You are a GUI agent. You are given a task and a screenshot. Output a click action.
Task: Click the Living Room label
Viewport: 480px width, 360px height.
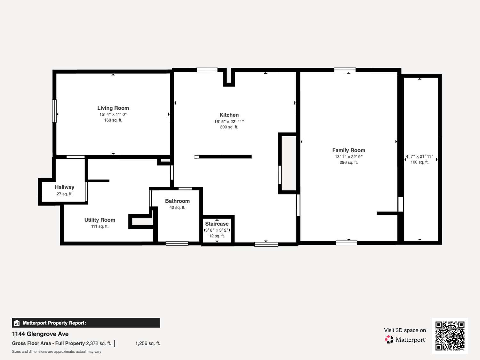113,108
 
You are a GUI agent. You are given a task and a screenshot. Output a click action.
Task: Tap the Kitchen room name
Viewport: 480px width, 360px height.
229,115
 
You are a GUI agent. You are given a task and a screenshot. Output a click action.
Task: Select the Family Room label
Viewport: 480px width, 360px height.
348,150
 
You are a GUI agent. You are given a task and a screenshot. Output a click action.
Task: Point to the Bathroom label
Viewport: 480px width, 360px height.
177,201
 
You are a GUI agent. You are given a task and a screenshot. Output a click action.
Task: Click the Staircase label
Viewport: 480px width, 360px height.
217,224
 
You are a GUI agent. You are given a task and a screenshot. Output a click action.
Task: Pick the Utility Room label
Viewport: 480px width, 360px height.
100,220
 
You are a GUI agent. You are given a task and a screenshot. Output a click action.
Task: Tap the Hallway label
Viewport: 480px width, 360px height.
65,187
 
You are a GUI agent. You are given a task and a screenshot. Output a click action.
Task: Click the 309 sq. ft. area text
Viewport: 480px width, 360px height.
229,127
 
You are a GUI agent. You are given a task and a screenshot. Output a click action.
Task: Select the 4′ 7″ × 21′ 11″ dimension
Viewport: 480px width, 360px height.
420,156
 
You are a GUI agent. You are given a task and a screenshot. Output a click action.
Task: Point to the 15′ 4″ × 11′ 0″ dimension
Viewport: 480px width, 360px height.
113,114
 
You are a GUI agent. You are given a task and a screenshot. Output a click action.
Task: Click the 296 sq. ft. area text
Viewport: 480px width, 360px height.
348,163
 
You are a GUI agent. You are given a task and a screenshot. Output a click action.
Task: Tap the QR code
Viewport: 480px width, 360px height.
450,336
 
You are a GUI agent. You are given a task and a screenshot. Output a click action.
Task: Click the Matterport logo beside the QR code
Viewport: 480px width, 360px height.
405,340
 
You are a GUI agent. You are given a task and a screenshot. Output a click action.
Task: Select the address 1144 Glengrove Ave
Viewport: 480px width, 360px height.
40,334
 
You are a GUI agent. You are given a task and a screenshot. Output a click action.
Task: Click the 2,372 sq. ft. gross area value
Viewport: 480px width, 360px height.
99,343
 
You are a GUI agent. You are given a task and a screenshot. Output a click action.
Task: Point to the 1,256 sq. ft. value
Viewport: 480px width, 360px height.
148,343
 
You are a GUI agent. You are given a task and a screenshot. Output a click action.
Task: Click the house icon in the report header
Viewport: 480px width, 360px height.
17,323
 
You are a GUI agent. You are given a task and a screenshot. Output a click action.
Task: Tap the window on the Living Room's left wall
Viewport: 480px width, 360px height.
54,111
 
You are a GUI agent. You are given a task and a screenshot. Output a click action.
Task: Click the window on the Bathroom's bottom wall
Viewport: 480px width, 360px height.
177,244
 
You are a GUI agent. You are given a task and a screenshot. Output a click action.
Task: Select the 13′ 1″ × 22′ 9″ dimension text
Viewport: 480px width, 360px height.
348,157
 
